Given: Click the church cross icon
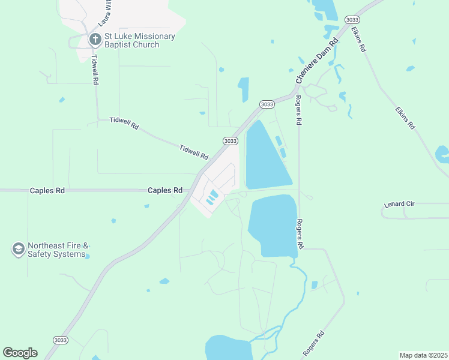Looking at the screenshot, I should click(x=94, y=40).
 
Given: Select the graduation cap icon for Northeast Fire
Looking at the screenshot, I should click(x=18, y=249).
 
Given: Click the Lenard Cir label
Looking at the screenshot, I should click(x=399, y=205).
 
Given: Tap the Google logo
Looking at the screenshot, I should click(x=20, y=353).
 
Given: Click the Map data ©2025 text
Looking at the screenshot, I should click(x=423, y=355).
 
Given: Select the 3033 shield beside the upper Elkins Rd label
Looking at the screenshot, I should click(x=352, y=20).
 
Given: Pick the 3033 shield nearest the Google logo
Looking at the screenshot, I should click(x=60, y=340).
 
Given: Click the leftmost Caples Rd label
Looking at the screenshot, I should click(x=47, y=190).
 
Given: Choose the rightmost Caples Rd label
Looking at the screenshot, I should click(x=165, y=190).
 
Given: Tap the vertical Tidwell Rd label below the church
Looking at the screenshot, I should click(x=95, y=70).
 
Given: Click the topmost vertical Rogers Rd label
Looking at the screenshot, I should click(x=298, y=110).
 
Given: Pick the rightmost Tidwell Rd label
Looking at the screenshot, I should click(x=193, y=151).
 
